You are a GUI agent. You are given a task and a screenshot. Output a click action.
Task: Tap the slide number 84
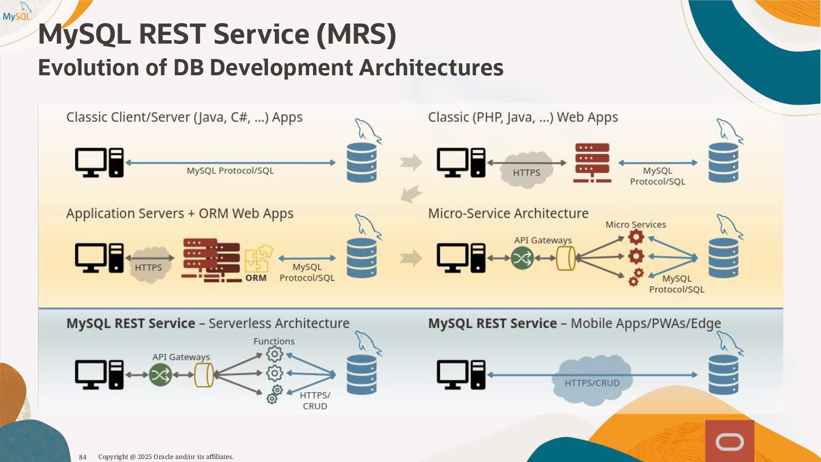[x=83, y=457]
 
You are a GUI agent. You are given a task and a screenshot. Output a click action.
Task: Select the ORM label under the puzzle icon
[x=256, y=278]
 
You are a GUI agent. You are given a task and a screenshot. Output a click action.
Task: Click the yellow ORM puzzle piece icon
[x=258, y=258]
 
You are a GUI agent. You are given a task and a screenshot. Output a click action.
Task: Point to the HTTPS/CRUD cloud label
[x=592, y=382]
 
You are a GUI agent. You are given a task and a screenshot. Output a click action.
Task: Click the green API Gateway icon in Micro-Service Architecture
[x=522, y=258]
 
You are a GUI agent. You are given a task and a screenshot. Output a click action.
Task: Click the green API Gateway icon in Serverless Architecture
[x=160, y=375]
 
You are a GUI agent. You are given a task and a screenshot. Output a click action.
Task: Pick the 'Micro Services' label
[x=635, y=225]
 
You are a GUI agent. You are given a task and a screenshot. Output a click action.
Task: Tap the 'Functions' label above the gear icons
[x=274, y=341]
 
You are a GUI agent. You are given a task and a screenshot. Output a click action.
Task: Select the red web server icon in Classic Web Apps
[x=592, y=163]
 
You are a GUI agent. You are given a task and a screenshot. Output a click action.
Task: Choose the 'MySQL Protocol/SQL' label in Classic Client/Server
[x=230, y=171]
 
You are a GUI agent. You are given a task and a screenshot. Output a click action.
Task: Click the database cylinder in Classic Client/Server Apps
[x=361, y=163]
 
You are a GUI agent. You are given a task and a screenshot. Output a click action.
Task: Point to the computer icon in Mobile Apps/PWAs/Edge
[x=461, y=375]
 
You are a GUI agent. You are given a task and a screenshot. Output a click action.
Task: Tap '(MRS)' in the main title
[x=356, y=34]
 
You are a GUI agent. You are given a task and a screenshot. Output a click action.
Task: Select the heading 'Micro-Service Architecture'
[x=508, y=213]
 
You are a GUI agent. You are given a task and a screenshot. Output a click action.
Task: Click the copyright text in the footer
[x=166, y=457]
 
